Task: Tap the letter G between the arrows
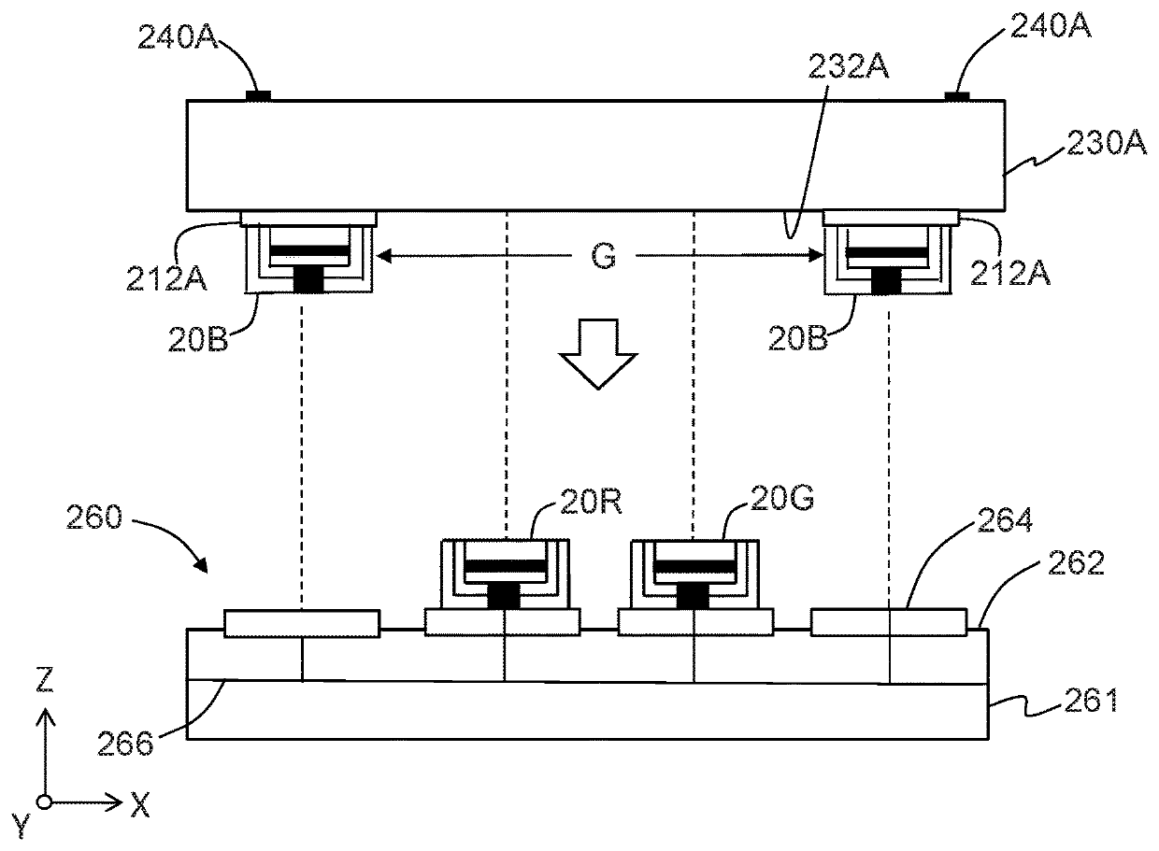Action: (603, 256)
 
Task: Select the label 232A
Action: (849, 66)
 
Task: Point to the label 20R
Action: (591, 501)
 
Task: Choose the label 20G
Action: (781, 497)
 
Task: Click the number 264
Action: (1005, 519)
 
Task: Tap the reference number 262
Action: (1076, 562)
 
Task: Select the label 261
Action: (1091, 700)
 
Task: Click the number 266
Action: (126, 744)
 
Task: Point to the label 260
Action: (94, 517)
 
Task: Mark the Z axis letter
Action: (45, 680)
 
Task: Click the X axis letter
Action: (139, 804)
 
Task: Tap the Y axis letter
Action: (21, 826)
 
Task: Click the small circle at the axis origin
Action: (45, 802)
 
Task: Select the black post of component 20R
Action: (504, 596)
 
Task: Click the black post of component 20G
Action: (694, 596)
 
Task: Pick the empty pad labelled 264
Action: (888, 622)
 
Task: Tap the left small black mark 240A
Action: (258, 95)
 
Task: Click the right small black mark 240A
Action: (957, 95)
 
